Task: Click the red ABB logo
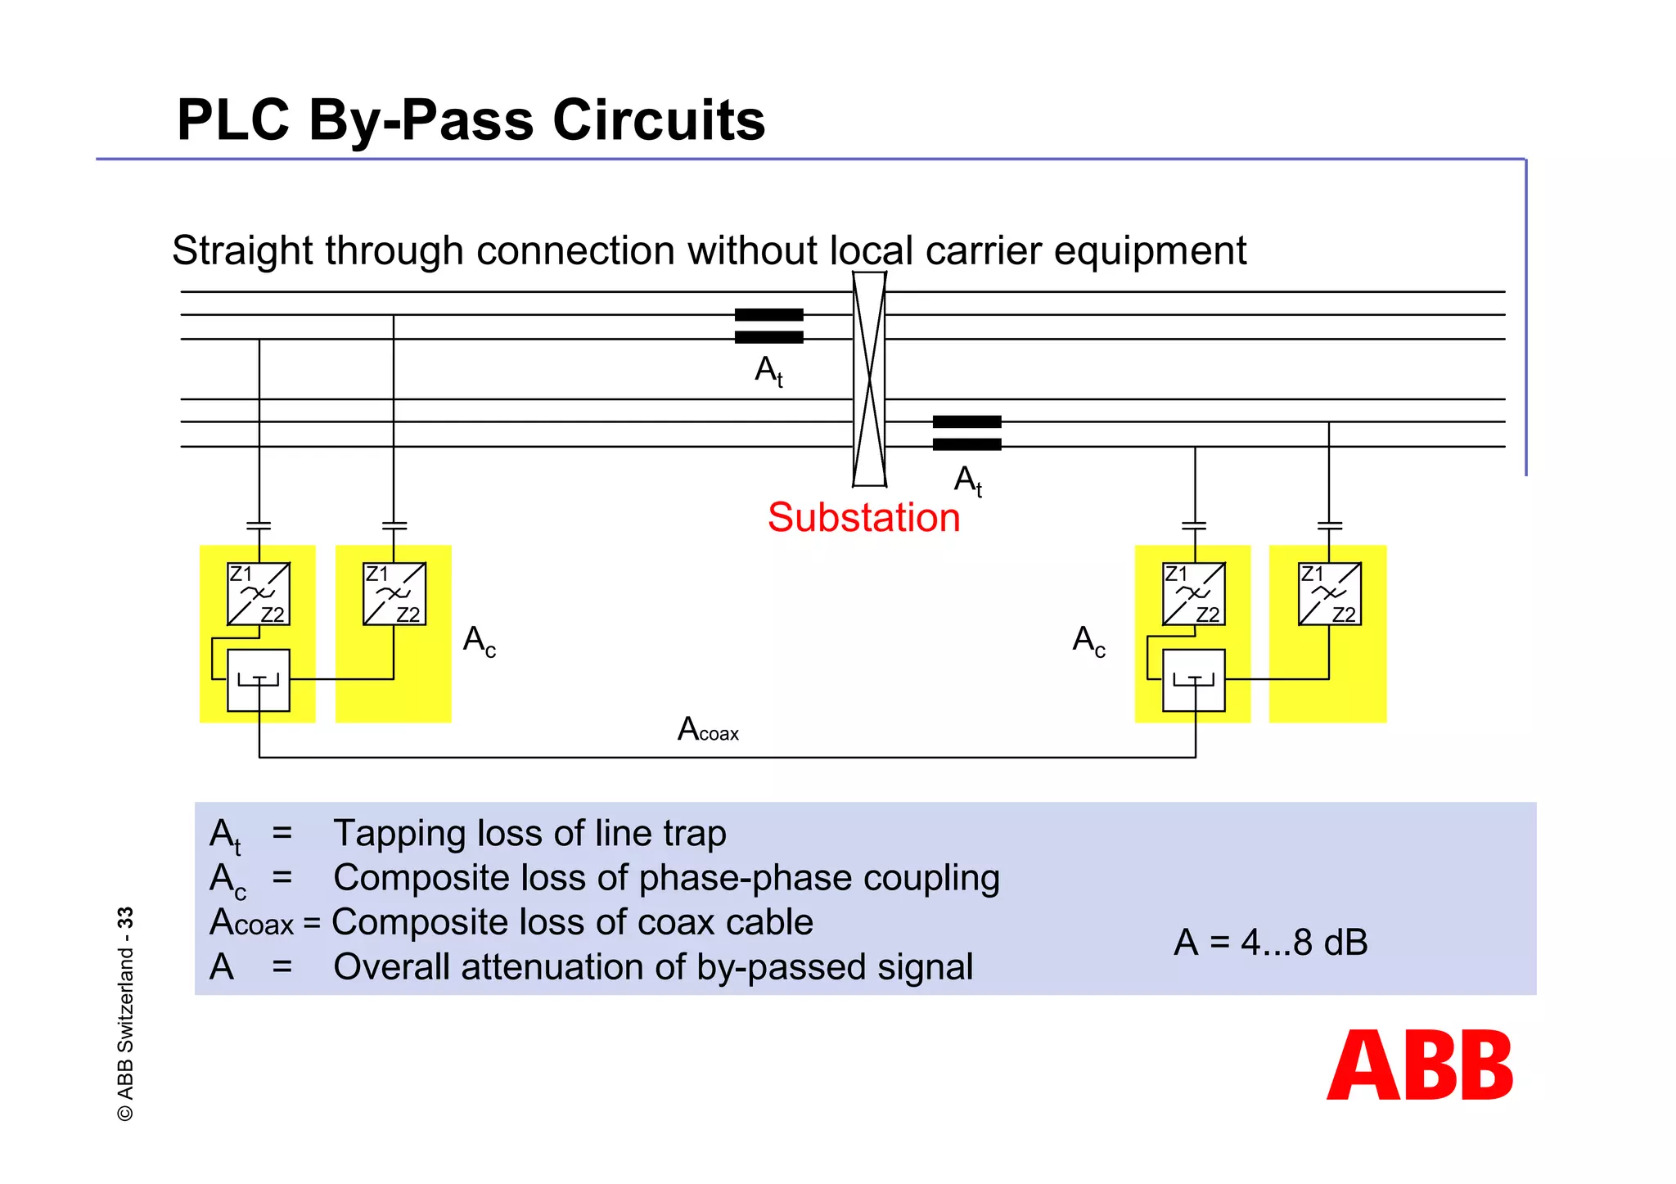tap(1420, 1065)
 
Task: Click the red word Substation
tap(863, 518)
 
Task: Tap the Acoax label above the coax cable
tap(708, 729)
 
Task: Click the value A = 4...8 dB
tap(1270, 943)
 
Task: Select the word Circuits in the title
tap(659, 120)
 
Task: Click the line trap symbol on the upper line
tap(768, 326)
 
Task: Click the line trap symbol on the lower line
tap(966, 433)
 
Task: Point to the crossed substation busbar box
tap(869, 379)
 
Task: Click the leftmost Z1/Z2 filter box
tap(259, 594)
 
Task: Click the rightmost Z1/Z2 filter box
tap(1330, 594)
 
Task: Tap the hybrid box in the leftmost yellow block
tap(259, 680)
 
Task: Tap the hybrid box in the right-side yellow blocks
tap(1194, 680)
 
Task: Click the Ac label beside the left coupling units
tap(479, 641)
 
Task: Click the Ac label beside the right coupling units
tap(1088, 641)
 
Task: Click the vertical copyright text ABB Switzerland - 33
tap(125, 1014)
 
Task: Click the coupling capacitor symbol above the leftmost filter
tap(259, 525)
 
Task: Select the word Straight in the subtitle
tap(242, 251)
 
